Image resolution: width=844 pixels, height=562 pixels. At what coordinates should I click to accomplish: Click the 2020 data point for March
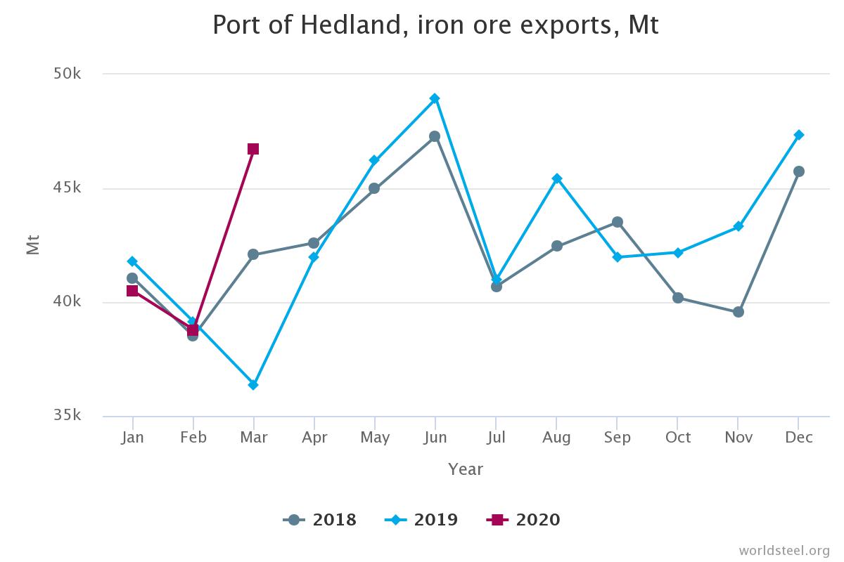point(253,149)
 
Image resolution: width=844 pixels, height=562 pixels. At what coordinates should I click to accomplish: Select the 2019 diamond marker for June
point(435,98)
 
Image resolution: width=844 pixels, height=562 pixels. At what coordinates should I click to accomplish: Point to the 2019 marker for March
point(253,385)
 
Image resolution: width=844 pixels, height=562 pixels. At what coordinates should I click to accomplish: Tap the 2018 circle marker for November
point(738,312)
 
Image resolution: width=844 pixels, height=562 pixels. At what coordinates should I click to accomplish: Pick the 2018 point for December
point(799,171)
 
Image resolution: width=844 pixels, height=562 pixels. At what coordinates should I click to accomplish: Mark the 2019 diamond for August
point(557,178)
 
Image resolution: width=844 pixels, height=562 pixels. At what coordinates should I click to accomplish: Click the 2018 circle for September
point(618,222)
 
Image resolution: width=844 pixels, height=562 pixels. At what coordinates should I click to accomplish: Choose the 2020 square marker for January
point(132,291)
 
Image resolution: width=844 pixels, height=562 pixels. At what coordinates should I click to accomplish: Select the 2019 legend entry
point(422,520)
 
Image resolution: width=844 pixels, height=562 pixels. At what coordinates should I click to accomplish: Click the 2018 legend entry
point(321,520)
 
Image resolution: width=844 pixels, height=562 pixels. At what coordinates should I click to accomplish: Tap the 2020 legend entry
point(524,520)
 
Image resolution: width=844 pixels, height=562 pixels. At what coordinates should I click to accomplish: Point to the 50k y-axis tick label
point(68,74)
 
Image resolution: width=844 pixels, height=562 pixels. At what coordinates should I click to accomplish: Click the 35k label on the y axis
point(68,415)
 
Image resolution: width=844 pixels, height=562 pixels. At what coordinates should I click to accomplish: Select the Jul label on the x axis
point(496,438)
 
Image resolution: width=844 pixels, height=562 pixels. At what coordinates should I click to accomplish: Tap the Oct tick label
point(678,438)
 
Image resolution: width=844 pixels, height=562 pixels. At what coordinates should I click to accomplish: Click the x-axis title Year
point(466,469)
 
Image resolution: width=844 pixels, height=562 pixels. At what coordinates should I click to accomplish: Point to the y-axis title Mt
point(33,244)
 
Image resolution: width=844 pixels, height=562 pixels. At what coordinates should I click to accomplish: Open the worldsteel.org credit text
point(784,550)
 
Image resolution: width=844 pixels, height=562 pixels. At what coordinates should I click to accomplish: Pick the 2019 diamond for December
point(799,135)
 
